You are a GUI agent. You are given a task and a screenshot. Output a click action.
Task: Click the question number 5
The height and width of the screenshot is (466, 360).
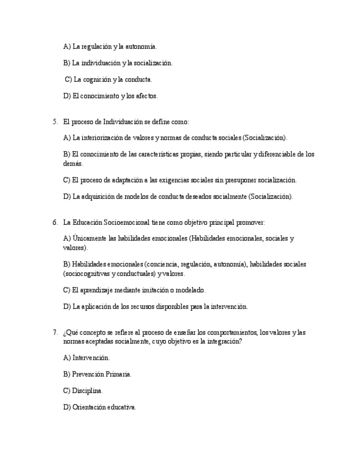pos(54,122)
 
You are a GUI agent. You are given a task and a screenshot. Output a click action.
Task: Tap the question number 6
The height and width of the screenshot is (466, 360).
pos(54,223)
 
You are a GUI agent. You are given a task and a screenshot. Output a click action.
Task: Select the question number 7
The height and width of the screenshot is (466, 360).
pos(54,332)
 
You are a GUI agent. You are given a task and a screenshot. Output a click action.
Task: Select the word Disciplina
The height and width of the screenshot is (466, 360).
pos(87,391)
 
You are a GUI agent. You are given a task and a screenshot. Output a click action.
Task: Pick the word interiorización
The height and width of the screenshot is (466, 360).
pos(101,138)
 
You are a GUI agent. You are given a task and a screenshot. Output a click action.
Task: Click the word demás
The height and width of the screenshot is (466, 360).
pos(73,164)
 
